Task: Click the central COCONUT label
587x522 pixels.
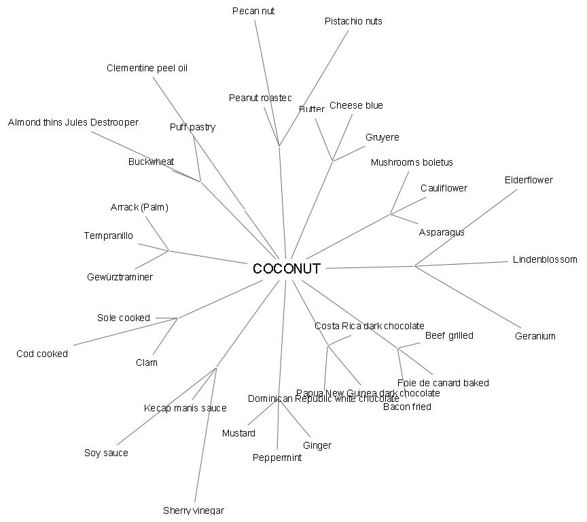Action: pyautogui.click(x=286, y=269)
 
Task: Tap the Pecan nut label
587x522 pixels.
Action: pyautogui.click(x=253, y=11)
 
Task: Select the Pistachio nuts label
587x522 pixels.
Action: pyautogui.click(x=353, y=21)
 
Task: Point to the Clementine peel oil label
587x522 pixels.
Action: pyautogui.click(x=147, y=68)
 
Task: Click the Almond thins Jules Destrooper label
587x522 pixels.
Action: pyautogui.click(x=73, y=123)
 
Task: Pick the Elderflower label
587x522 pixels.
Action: pyautogui.click(x=529, y=180)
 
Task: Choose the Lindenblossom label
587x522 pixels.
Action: pyautogui.click(x=545, y=259)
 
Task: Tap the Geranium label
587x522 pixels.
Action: pyautogui.click(x=535, y=336)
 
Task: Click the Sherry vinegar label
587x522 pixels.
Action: pyautogui.click(x=193, y=510)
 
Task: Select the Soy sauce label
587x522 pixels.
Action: pyautogui.click(x=106, y=453)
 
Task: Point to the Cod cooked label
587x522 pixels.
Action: pyautogui.click(x=42, y=354)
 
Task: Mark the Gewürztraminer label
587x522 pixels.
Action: pyautogui.click(x=120, y=277)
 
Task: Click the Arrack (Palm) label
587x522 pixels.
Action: pyautogui.click(x=139, y=207)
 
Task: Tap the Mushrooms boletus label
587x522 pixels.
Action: pyautogui.click(x=412, y=162)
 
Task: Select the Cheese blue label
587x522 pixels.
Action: pyautogui.click(x=356, y=105)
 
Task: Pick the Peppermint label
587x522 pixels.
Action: pyautogui.click(x=277, y=458)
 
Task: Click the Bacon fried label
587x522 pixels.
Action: pyautogui.click(x=407, y=407)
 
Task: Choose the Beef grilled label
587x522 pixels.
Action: pyautogui.click(x=449, y=335)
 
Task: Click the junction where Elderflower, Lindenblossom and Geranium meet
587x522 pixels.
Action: pyautogui.click(x=415, y=265)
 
